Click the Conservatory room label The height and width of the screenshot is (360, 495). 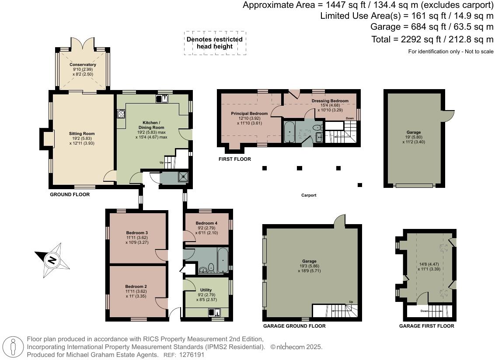click(x=83, y=65)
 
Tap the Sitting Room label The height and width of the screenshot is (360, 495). click(x=82, y=134)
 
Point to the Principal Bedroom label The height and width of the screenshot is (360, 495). click(x=249, y=114)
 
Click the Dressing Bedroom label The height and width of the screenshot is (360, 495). click(x=330, y=101)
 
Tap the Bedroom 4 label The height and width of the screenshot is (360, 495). click(x=206, y=223)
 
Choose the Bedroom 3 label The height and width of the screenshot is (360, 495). click(x=137, y=232)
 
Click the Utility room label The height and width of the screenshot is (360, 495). click(x=206, y=290)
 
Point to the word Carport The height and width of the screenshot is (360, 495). click(x=309, y=195)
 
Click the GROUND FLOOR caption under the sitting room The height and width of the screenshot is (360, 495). click(x=70, y=194)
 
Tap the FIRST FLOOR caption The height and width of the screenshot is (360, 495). click(x=235, y=159)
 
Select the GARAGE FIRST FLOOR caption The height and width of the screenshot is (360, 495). click(x=426, y=326)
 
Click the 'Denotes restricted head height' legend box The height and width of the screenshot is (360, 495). click(x=215, y=43)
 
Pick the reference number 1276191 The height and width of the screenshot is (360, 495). click(x=192, y=355)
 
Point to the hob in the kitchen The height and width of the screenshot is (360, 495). click(x=121, y=114)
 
